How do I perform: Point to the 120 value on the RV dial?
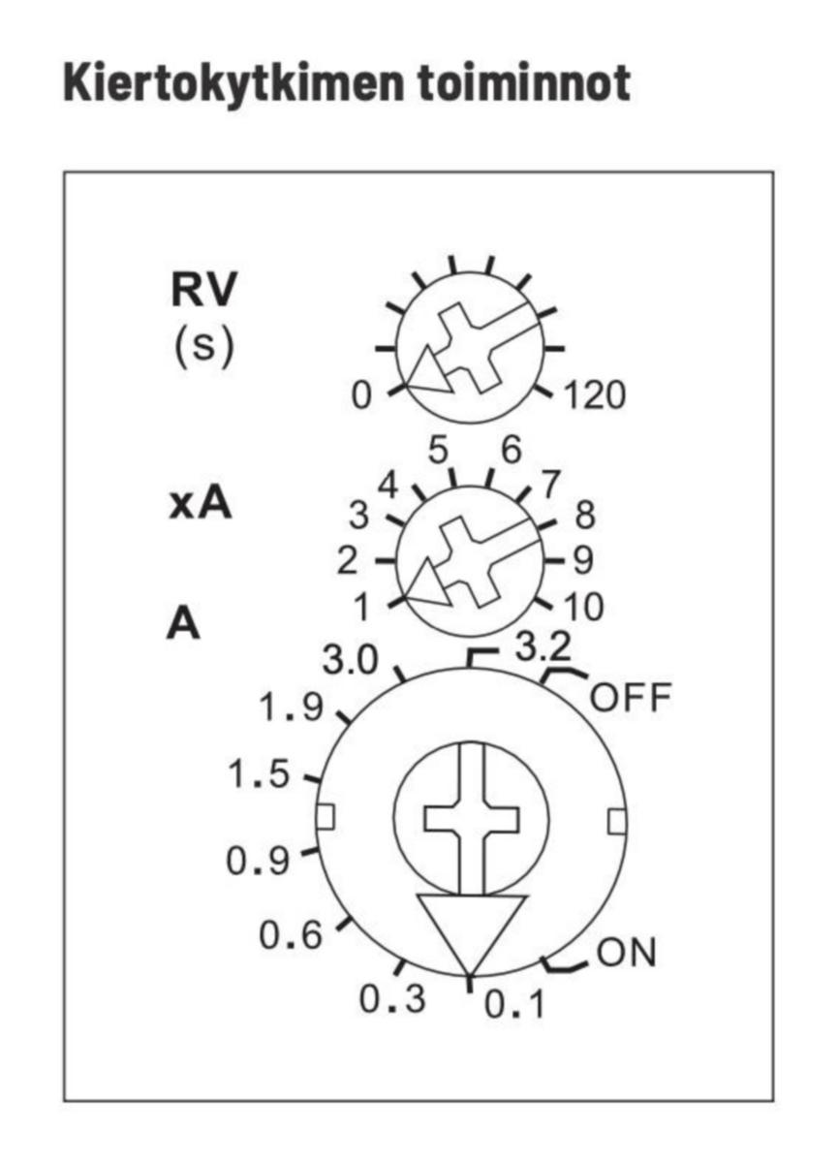[595, 395]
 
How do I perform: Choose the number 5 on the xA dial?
[440, 451]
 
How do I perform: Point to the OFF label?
[630, 698]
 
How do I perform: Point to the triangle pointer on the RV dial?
[429, 373]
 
